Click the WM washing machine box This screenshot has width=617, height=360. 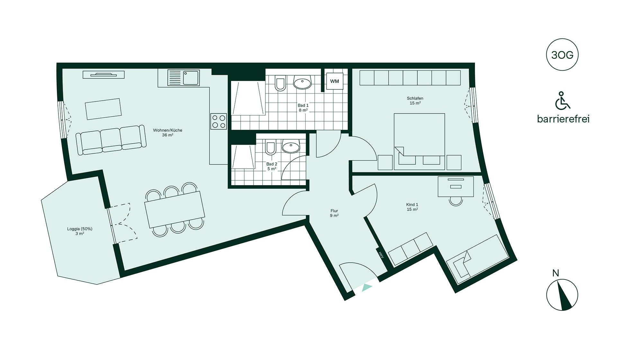[x=335, y=81]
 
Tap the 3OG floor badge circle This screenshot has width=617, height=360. [x=562, y=55]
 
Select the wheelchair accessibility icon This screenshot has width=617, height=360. [x=563, y=100]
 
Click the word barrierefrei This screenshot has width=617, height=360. [x=563, y=119]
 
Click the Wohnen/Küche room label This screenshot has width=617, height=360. [x=167, y=132]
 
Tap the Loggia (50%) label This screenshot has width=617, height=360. [x=80, y=231]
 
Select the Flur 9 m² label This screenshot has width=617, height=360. [x=334, y=213]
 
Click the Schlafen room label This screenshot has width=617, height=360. [x=415, y=101]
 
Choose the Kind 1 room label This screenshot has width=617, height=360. [x=412, y=207]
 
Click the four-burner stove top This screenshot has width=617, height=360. [x=219, y=122]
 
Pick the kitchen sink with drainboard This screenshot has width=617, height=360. [x=183, y=78]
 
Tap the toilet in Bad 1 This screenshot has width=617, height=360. [x=280, y=83]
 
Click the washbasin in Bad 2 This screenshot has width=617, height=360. [x=291, y=147]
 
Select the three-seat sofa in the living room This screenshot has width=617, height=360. [x=111, y=140]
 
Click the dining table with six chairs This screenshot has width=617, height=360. [x=175, y=210]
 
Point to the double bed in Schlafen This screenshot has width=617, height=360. [x=419, y=141]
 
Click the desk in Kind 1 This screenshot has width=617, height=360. [x=456, y=187]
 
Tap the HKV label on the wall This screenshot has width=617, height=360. [x=381, y=255]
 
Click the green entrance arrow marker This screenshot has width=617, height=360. [x=367, y=287]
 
